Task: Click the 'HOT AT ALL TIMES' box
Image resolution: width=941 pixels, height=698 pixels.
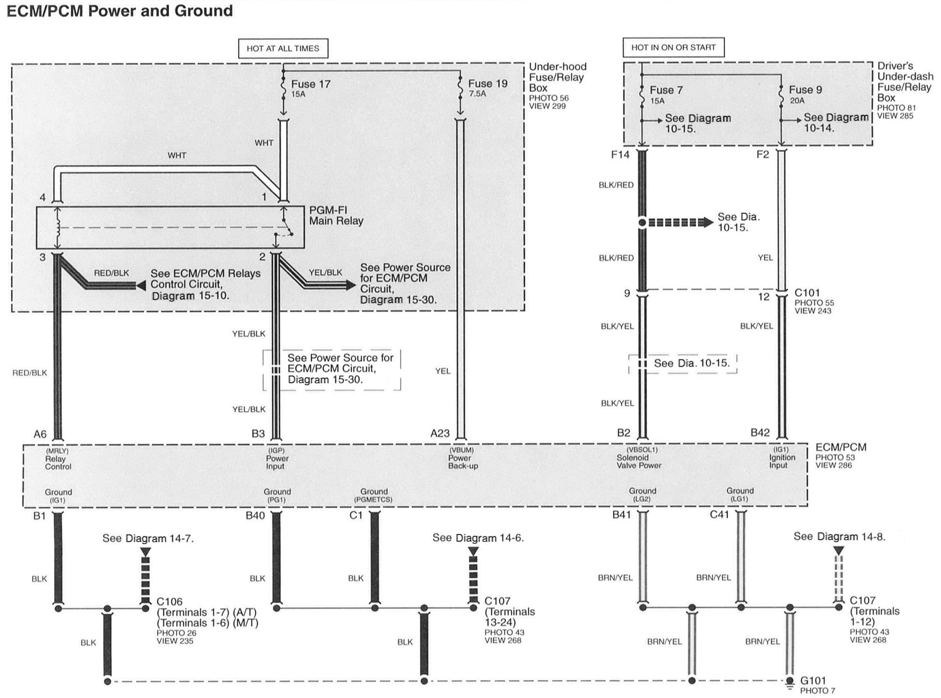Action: [282, 48]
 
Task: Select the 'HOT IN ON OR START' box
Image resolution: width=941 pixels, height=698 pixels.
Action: [673, 48]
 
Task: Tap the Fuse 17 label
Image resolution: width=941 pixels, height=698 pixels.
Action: [311, 84]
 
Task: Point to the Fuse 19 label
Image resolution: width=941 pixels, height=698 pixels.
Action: [488, 83]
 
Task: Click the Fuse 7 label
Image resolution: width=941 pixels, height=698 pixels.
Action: [666, 90]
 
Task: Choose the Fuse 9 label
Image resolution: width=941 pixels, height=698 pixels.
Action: [806, 90]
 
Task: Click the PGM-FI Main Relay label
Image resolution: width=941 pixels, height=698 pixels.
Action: [336, 215]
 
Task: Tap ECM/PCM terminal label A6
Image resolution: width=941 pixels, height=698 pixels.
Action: [40, 434]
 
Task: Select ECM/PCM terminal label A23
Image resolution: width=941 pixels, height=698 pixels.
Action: [440, 434]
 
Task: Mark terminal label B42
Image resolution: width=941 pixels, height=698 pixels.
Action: [760, 432]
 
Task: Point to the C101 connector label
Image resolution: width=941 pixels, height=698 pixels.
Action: [807, 293]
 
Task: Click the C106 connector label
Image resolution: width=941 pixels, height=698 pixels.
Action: [169, 602]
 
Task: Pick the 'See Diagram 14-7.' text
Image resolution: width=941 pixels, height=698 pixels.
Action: [148, 538]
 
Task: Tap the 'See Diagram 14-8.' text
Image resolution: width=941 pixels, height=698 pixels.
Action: [839, 537]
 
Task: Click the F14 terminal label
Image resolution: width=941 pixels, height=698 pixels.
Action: [620, 155]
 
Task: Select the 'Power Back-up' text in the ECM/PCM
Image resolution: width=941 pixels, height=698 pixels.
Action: [463, 462]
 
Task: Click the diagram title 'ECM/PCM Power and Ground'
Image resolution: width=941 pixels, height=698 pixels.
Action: [120, 10]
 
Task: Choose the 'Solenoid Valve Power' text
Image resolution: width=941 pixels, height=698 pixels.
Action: [638, 461]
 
